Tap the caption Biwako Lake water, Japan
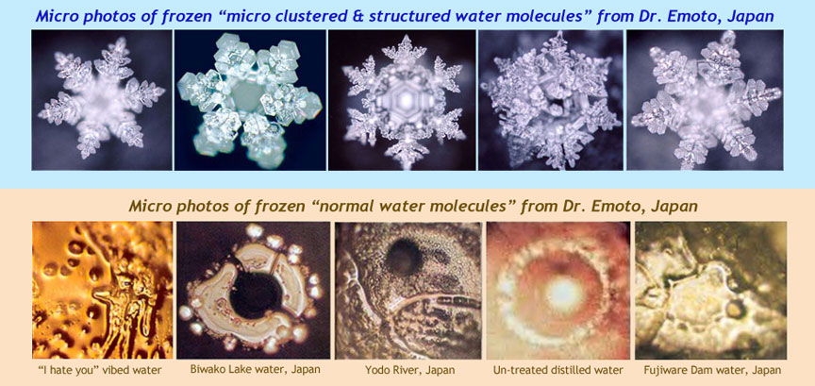(255, 370)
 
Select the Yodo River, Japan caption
(410, 370)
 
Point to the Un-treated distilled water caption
(557, 370)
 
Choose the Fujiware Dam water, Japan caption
(710, 370)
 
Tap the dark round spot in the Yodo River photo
(405, 257)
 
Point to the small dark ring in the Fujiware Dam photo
(734, 310)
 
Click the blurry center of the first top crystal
(102, 99)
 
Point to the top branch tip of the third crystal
(404, 37)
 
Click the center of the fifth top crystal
(706, 100)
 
